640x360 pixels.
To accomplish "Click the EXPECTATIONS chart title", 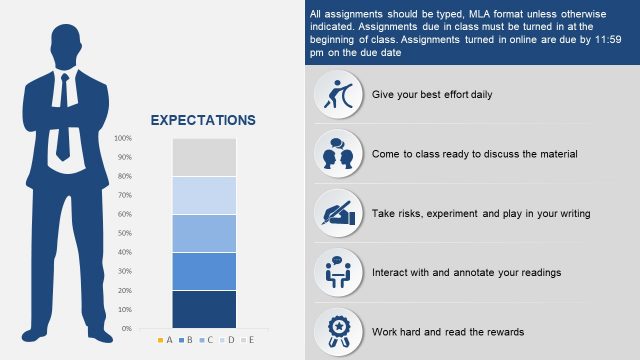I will coord(203,120).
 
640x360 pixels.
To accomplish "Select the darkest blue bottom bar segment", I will coord(204,309).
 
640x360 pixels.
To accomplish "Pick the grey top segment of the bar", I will coord(204,157).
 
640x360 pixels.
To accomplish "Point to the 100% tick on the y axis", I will coord(123,138).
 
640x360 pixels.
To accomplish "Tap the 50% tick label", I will coord(123,233).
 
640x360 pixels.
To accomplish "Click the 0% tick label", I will coord(125,328).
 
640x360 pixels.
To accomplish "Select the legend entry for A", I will coord(166,340).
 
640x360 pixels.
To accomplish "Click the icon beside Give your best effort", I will coord(336,94).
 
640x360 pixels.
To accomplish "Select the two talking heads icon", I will coord(336,153).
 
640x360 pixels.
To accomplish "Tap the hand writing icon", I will coord(336,212).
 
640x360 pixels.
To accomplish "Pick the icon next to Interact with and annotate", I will coord(336,271).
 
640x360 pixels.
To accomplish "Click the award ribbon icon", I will coord(336,330).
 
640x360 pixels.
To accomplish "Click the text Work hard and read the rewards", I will coord(448,331).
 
